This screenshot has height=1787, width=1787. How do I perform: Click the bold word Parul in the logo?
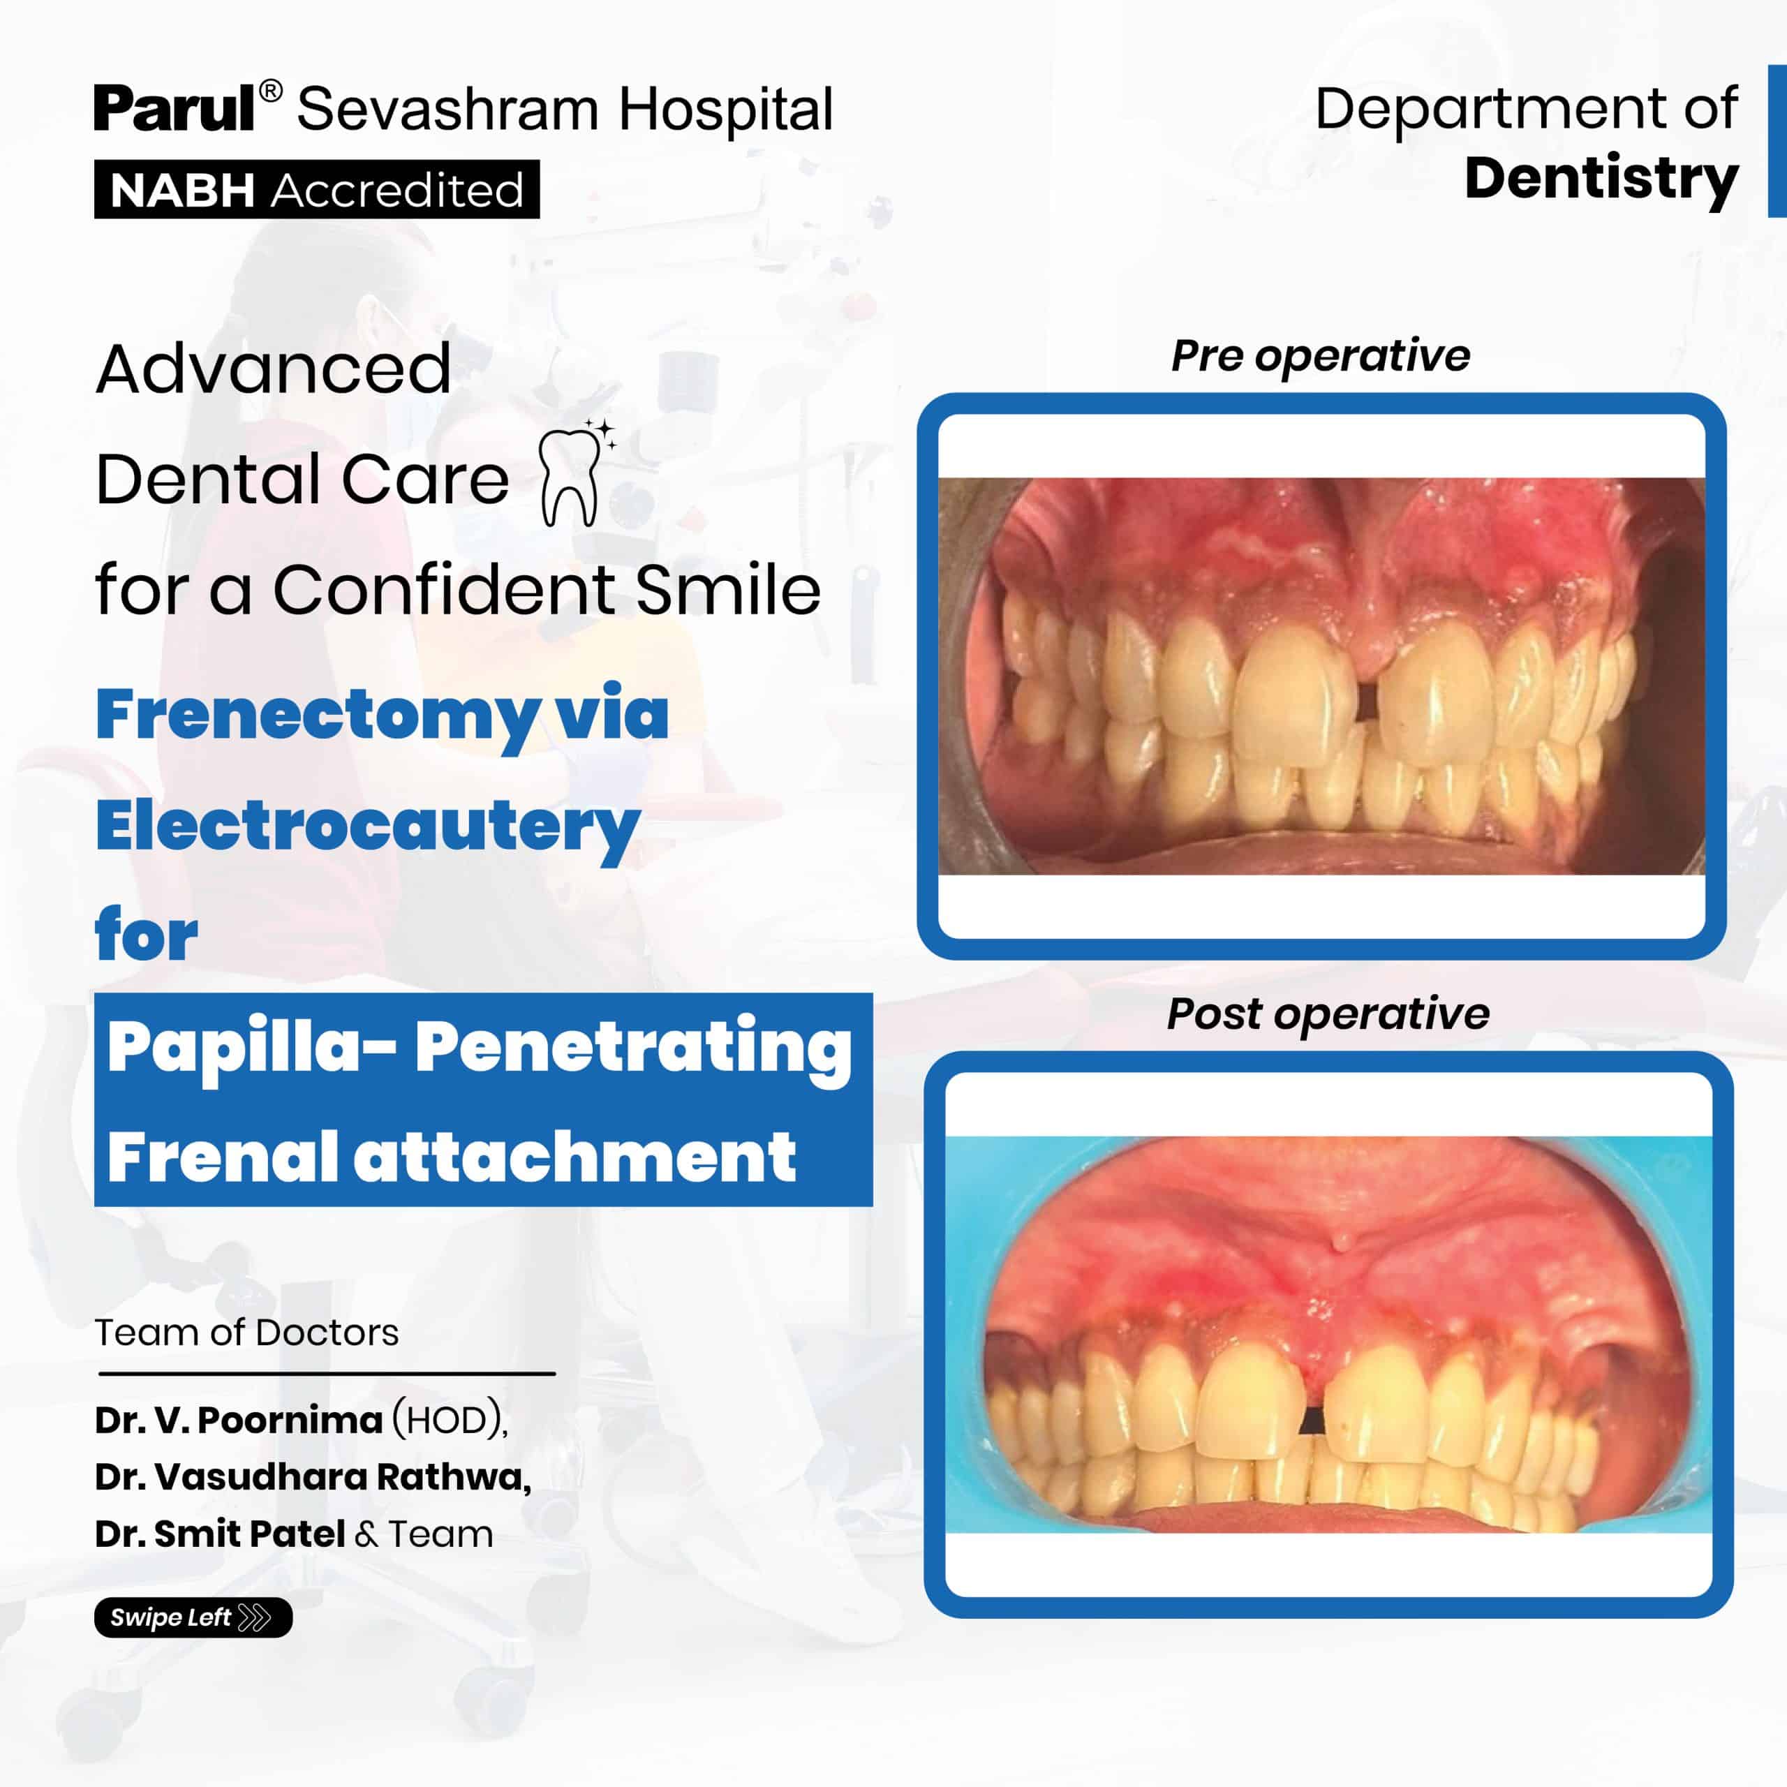(175, 109)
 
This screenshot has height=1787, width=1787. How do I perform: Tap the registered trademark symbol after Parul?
(270, 91)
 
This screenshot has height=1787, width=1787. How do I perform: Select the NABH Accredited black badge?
(316, 190)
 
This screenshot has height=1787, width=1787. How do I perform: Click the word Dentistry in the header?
(1601, 179)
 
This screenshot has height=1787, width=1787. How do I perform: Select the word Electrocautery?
(367, 826)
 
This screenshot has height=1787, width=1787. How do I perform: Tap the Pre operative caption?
(1320, 357)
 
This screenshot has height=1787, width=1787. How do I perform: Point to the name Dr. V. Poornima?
(239, 1420)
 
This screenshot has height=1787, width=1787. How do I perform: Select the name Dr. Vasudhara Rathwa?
(313, 1477)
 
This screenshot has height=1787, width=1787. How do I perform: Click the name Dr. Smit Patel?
(220, 1534)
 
